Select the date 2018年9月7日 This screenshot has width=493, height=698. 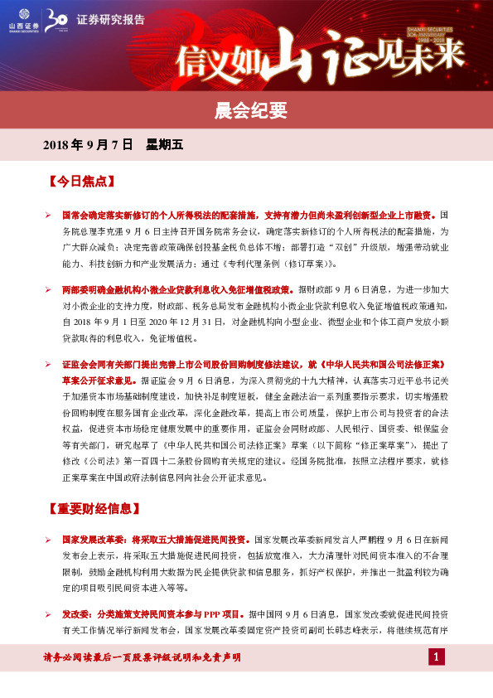click(x=88, y=144)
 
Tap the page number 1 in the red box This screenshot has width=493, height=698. click(x=437, y=657)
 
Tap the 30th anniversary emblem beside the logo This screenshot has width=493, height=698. click(x=57, y=20)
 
